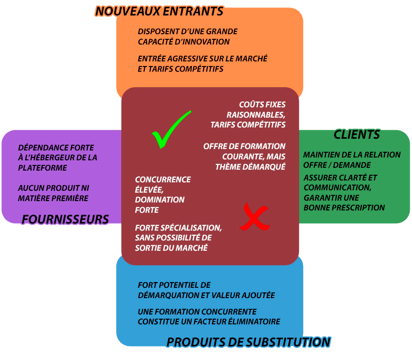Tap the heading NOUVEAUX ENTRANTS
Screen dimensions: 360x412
(159, 11)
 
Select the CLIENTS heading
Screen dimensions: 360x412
(356, 135)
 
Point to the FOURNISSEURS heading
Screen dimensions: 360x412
(65, 219)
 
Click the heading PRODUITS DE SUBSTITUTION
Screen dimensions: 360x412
(248, 342)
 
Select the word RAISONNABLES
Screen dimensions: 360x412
(256, 115)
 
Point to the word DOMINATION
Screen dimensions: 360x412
(160, 200)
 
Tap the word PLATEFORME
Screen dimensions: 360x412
(43, 168)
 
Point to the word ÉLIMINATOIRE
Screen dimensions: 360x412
(253, 322)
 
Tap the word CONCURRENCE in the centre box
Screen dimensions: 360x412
(162, 180)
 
